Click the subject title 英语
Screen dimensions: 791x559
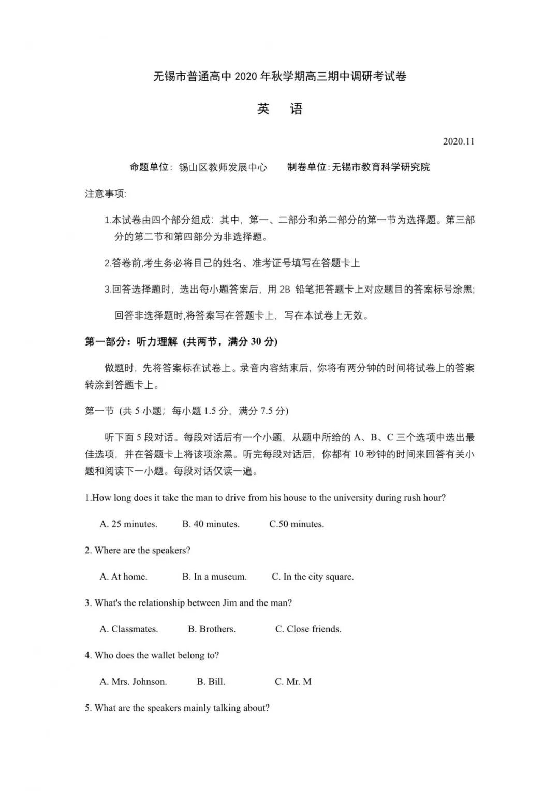279,109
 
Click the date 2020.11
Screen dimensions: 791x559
458,141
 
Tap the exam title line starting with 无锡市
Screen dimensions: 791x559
279,77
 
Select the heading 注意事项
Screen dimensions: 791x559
106,194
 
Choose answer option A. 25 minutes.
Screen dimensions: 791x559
128,524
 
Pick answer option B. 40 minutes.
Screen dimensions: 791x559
211,524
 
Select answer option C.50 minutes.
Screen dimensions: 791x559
297,524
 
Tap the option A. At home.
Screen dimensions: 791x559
123,577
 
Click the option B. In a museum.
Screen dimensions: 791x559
214,577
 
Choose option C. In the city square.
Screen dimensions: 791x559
313,577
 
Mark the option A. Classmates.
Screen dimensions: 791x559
129,629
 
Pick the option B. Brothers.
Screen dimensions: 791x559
212,629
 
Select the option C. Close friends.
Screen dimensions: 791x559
308,629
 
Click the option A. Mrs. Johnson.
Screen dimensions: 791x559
133,682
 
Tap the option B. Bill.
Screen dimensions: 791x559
211,682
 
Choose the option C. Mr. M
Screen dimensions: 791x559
293,682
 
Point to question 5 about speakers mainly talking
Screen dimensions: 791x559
177,708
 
